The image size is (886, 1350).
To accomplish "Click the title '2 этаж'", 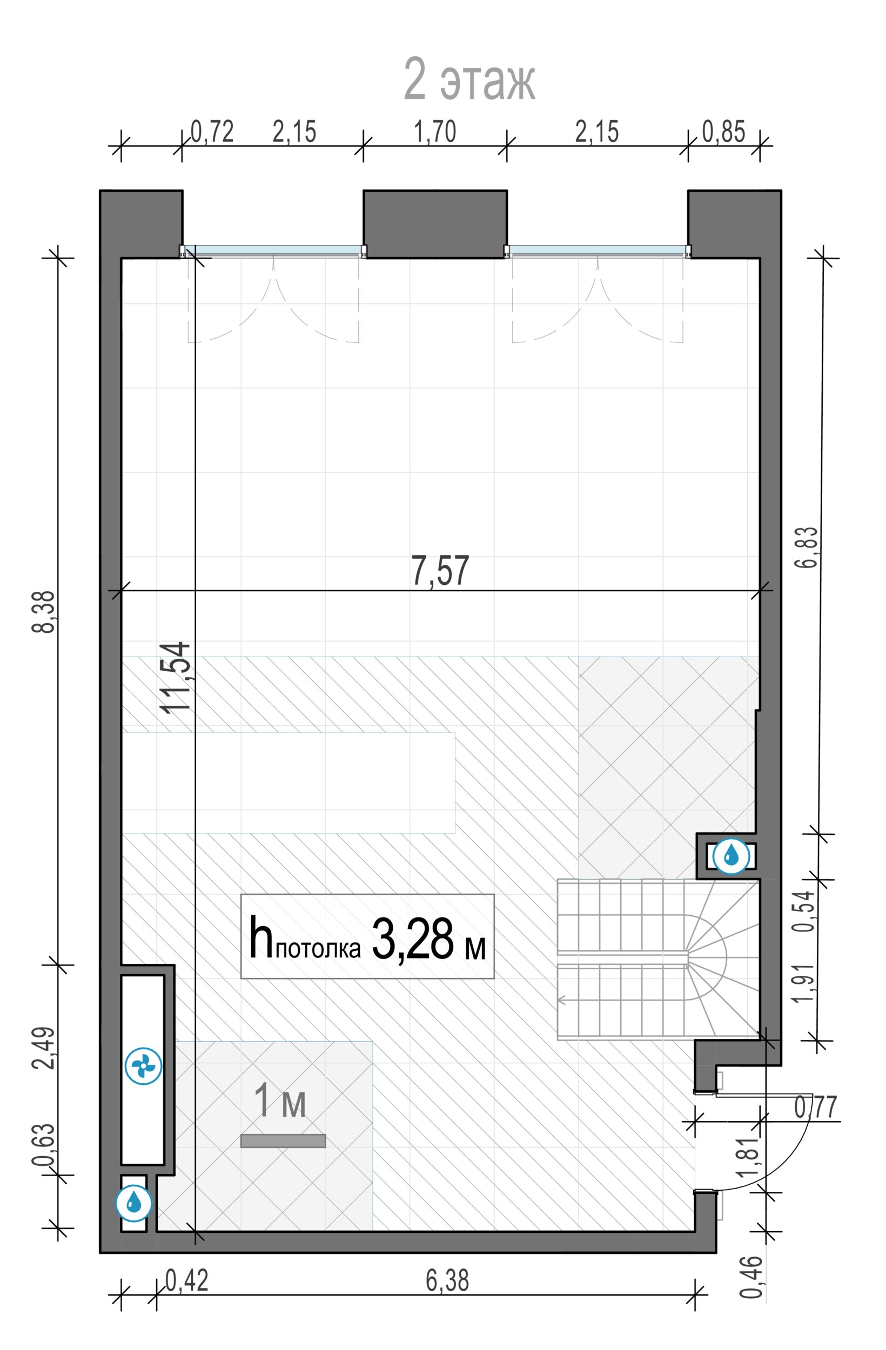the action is [x=469, y=79].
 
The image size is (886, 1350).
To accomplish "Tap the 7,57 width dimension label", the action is [x=440, y=571].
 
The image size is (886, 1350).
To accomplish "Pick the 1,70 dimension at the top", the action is [x=435, y=132].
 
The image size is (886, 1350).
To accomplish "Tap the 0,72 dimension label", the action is [x=212, y=132].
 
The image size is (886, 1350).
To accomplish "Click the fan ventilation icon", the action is [x=143, y=1066].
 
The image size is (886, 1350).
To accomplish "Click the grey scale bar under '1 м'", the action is [x=283, y=1140].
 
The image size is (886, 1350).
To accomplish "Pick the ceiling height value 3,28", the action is [x=413, y=938].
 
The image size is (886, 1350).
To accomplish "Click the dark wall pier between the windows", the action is [x=435, y=224].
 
